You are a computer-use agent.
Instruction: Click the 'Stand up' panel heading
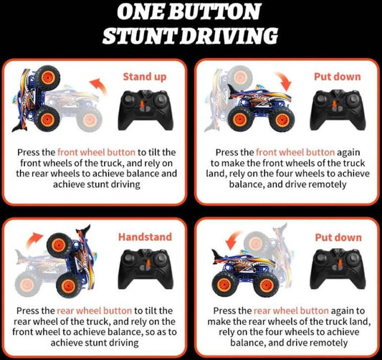[x=145, y=77]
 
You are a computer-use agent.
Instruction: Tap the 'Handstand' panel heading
[x=145, y=237]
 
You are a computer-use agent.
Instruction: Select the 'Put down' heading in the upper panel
[x=337, y=77]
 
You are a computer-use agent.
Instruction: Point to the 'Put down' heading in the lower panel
[x=338, y=237]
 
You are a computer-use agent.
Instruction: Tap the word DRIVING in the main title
[x=230, y=36]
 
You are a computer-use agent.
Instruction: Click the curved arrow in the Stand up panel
[x=98, y=86]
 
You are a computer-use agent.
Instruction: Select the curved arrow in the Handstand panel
[x=34, y=240]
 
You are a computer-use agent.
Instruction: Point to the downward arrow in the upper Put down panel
[x=283, y=81]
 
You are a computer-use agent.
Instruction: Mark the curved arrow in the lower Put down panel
[x=234, y=240]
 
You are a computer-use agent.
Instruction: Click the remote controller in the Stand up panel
[x=145, y=110]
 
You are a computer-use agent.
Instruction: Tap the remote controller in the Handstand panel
[x=145, y=269]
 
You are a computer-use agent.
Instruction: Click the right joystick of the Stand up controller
[x=161, y=100]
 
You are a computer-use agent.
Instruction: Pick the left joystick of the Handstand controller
[x=129, y=258]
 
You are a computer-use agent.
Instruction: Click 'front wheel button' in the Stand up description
[x=96, y=152]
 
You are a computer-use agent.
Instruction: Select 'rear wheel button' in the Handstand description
[x=95, y=311]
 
